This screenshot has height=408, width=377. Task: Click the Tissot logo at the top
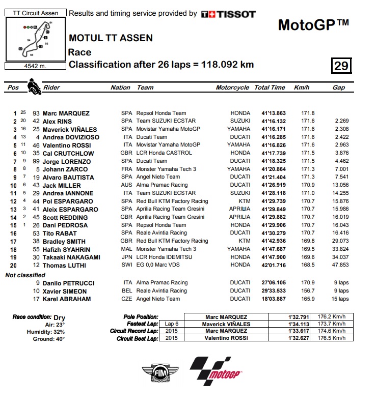point(228,14)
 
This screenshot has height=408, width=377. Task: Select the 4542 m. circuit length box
point(35,65)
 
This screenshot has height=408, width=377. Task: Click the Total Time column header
point(270,88)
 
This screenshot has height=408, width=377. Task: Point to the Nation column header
point(120,88)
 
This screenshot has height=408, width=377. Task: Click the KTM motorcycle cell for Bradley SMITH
point(245,241)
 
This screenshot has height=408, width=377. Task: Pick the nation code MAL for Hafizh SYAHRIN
point(126,249)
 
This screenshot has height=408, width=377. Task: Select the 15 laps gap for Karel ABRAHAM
point(338,299)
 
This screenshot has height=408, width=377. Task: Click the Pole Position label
point(141,317)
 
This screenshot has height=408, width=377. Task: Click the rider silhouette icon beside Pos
point(34,86)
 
